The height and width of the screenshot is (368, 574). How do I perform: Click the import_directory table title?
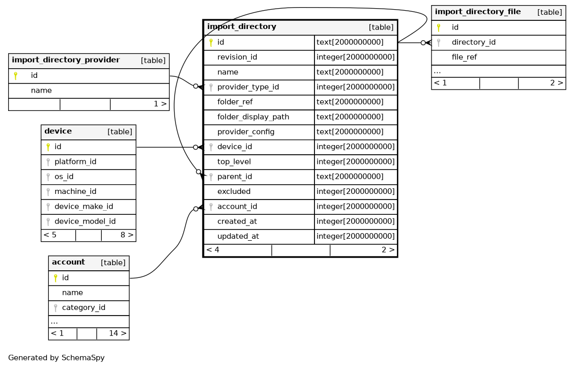242,27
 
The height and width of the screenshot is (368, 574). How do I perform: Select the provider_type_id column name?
248,87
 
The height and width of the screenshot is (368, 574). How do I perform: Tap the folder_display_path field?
253,117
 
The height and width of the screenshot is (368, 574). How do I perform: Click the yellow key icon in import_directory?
211,42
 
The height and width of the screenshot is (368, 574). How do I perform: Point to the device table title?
58,131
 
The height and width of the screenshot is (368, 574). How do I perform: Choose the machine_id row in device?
75,191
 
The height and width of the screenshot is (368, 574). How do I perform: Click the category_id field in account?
83,307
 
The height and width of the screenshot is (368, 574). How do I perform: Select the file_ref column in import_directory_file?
464,57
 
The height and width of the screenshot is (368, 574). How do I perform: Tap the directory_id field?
473,42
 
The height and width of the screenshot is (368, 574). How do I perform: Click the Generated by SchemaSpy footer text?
56,358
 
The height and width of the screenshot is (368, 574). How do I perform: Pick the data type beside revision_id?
356,57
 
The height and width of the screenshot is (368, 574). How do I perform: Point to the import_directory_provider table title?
66,60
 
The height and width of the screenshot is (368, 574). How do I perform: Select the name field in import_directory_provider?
41,91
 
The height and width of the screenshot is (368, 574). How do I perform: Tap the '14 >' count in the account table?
118,333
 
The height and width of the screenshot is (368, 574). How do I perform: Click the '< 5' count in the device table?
50,235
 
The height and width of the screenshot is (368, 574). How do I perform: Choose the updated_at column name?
238,236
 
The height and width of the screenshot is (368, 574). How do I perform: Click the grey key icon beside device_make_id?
48,207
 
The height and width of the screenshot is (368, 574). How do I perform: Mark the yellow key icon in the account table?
55,278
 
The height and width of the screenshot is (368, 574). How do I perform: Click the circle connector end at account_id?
196,209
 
